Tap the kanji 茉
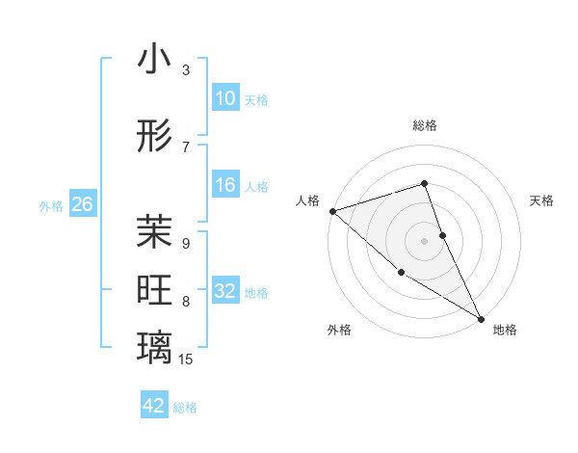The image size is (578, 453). click(x=155, y=232)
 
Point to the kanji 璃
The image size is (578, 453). click(x=155, y=348)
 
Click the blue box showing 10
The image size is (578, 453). click(x=225, y=98)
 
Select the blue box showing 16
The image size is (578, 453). click(x=225, y=185)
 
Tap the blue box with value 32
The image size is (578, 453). click(x=225, y=292)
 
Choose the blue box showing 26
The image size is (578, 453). click(x=82, y=204)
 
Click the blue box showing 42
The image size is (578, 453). click(x=154, y=406)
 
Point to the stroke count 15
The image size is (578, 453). click(x=187, y=360)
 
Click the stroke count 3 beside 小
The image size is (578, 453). click(x=186, y=70)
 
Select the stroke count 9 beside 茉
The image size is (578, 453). click(x=186, y=244)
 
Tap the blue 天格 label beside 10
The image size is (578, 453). click(x=256, y=100)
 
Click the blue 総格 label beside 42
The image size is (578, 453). click(x=185, y=408)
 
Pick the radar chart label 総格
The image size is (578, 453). click(x=425, y=125)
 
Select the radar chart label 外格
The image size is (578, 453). click(x=339, y=330)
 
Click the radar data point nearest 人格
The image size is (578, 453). click(x=331, y=210)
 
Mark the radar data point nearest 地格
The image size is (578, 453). click(x=481, y=318)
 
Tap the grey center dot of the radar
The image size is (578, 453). click(x=425, y=240)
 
